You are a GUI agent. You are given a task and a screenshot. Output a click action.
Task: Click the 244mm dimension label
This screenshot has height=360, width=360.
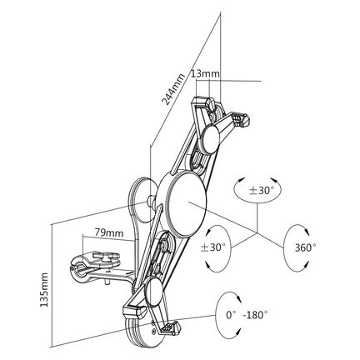point(173,89)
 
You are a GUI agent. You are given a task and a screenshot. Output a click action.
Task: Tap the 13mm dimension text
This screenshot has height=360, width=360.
point(205,73)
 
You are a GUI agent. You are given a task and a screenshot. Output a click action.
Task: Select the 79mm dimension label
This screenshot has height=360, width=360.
point(109,232)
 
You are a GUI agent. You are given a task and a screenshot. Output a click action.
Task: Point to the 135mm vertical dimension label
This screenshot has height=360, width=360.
point(44,289)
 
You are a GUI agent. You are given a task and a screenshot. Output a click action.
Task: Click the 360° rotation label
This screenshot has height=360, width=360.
point(305,247)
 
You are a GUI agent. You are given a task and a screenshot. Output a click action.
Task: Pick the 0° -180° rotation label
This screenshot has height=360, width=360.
point(247,315)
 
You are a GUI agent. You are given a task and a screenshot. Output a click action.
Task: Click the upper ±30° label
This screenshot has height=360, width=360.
point(262,190)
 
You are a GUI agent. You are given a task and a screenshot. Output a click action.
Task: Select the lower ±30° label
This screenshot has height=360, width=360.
point(213,247)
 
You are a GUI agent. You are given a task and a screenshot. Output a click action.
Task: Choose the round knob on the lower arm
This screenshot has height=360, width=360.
point(154,291)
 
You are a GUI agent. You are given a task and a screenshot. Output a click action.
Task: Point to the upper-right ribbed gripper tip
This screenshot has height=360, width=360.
point(242,119)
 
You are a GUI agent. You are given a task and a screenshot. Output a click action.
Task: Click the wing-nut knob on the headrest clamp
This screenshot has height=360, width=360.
point(105,257)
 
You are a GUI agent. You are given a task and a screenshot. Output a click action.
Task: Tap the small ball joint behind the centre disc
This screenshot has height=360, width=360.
point(152,201)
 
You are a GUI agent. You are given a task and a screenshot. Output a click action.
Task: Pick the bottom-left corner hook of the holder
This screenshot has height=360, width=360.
point(134,311)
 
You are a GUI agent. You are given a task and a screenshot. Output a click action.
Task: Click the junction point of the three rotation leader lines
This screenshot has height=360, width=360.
point(257,232)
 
